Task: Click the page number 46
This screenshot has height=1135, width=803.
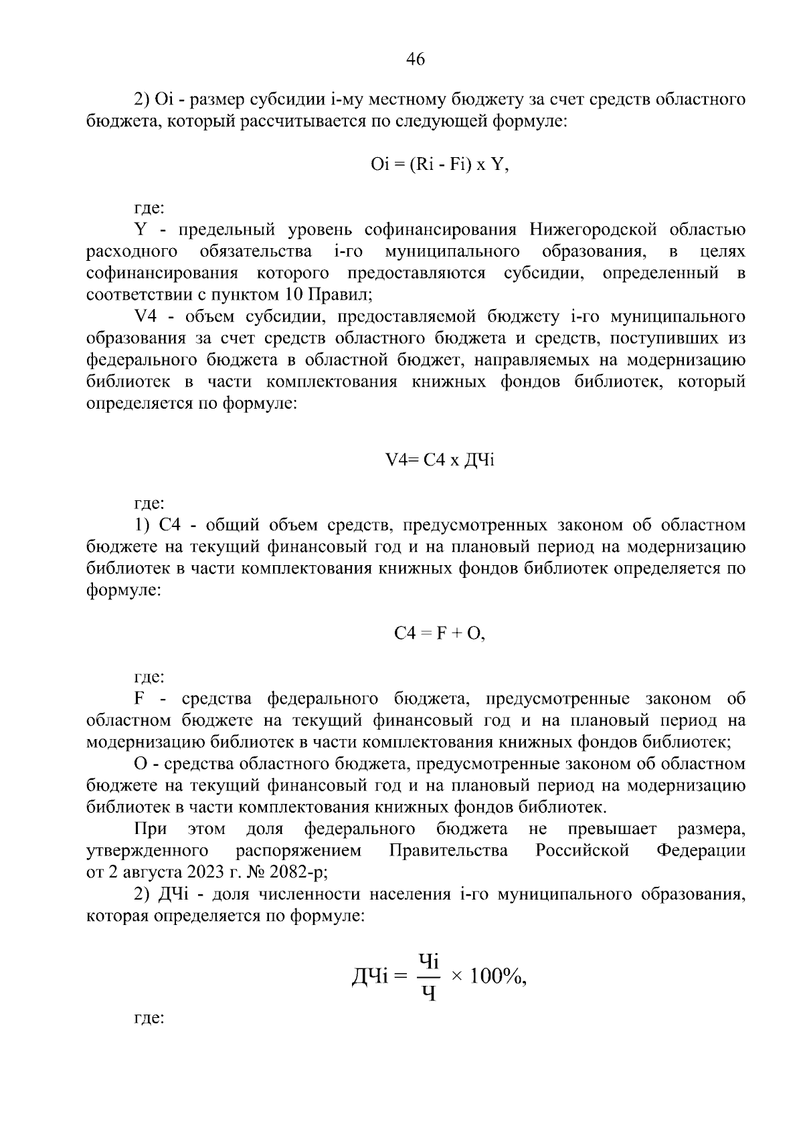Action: [x=416, y=60]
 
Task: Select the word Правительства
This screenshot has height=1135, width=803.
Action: [x=448, y=851]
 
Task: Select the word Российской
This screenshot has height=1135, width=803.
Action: [x=582, y=851]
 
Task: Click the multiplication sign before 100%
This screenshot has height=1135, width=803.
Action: [x=457, y=977]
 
